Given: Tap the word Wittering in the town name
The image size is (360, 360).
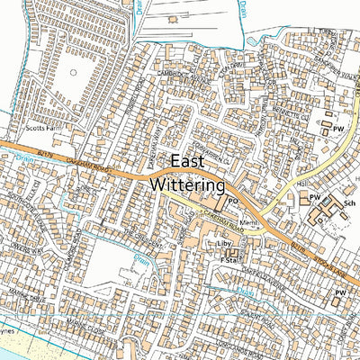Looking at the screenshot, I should (186, 185).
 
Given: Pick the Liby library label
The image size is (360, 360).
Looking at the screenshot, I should (224, 244).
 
